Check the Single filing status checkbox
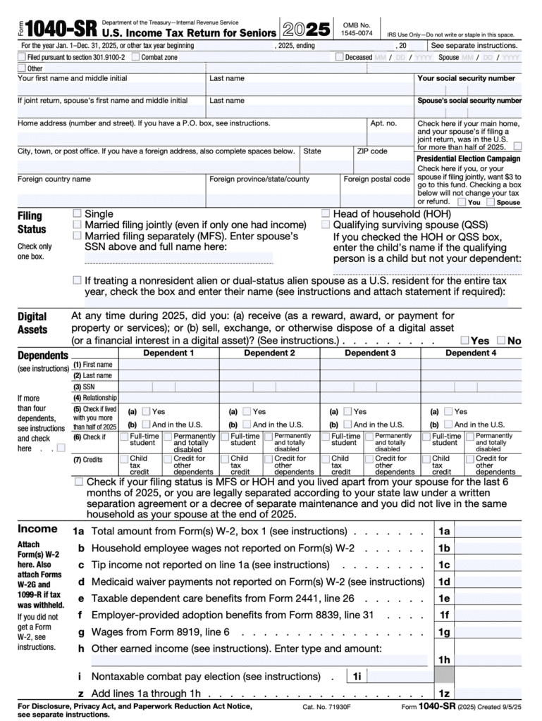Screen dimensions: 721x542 coord(78,213)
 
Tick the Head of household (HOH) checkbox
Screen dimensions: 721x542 coord(326,213)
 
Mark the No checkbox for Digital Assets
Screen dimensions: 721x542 coord(500,340)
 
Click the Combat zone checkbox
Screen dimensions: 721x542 coord(135,57)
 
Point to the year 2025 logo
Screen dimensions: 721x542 coord(305,30)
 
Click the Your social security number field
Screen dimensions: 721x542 coord(469,89)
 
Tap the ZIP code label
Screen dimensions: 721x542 coord(371,151)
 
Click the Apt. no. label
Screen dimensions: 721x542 coord(383,123)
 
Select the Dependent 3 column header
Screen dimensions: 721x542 coord(370,353)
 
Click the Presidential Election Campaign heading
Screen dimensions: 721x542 coord(469,159)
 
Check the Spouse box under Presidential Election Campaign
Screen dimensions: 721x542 coord(491,202)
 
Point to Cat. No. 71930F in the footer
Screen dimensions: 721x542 coord(327,706)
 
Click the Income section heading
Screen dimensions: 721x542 coord(37,529)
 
